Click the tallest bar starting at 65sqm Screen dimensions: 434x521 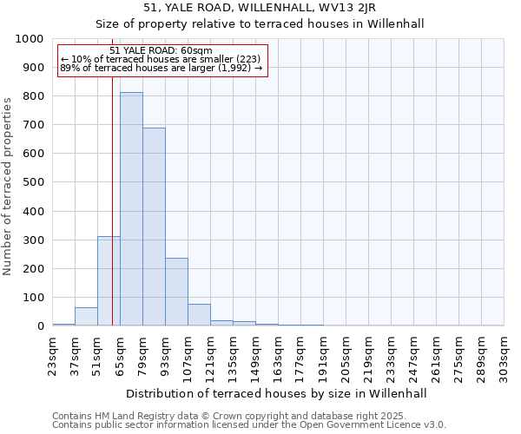131,208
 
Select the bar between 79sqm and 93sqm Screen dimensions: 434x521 154,227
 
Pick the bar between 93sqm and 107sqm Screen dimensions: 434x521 176,292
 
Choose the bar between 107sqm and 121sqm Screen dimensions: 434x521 199,315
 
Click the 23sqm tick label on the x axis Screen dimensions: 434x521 53,353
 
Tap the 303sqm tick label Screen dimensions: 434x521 505,353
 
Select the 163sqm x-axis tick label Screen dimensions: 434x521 279,353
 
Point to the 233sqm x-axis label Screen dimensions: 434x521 392,353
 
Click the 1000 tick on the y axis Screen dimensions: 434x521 30,39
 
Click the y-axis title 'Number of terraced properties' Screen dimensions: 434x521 9,186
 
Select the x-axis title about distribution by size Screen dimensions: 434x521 277,393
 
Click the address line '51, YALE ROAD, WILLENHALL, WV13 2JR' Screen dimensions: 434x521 260,9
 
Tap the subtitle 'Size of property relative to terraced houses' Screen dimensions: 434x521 260,23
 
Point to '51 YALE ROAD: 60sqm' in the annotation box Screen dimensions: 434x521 162,51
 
